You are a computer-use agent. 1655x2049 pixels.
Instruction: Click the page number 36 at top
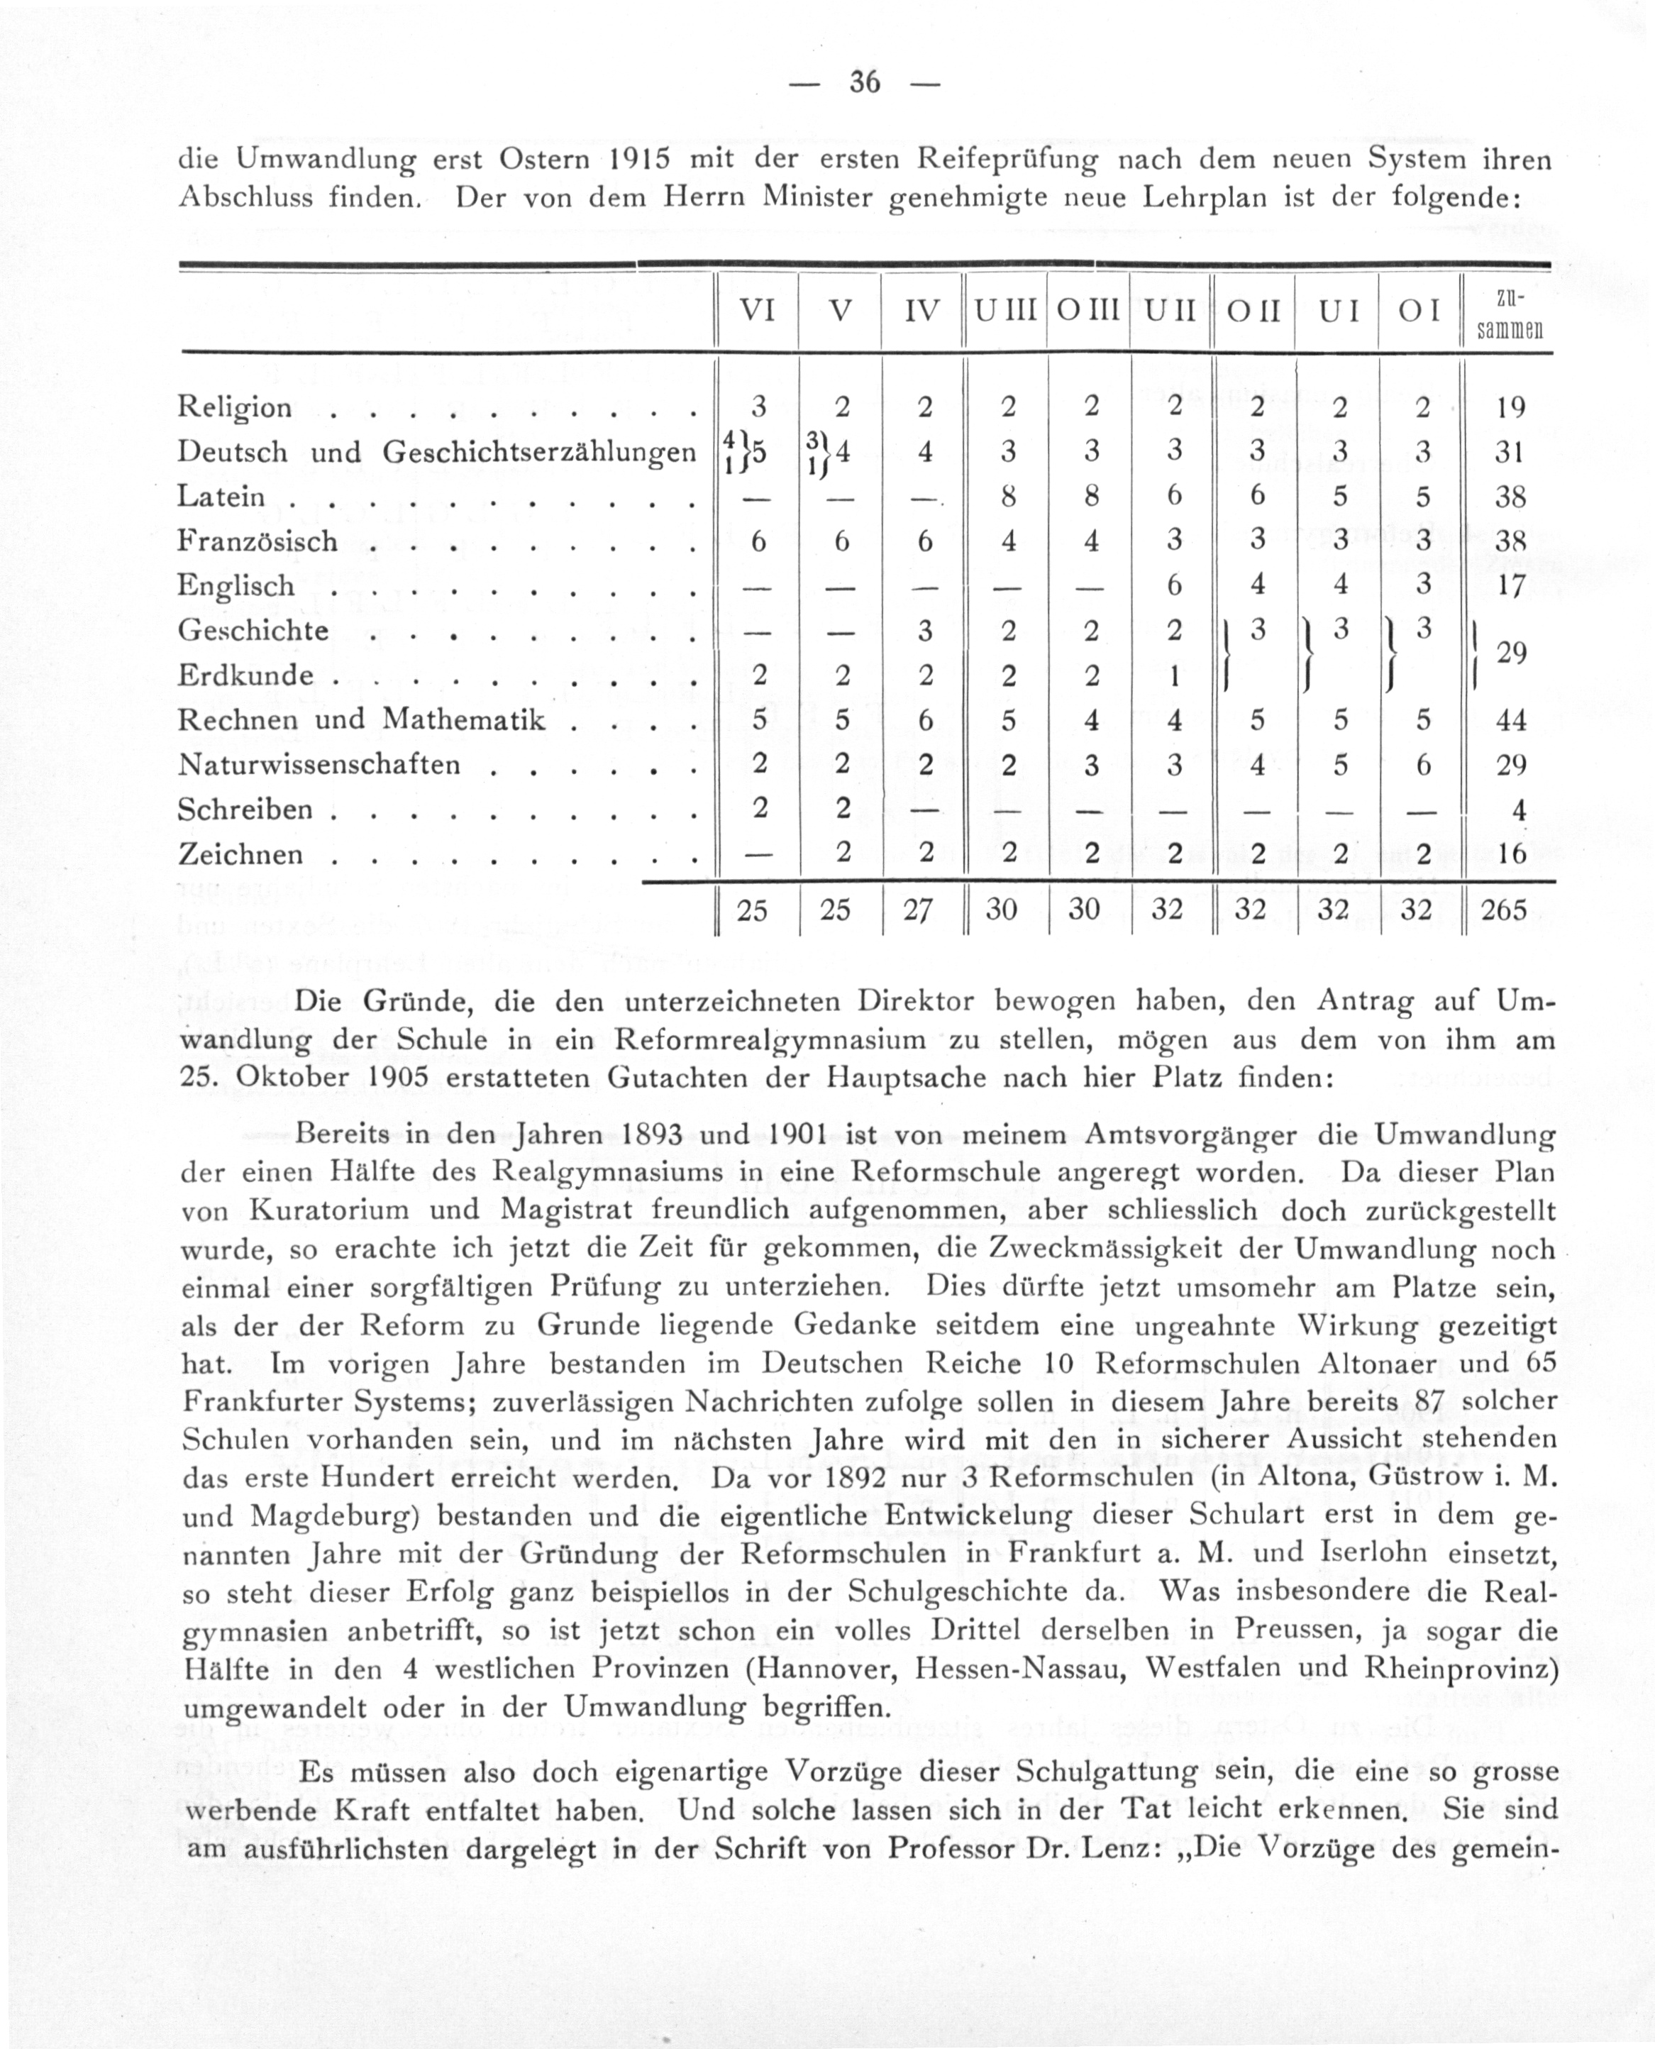coord(865,83)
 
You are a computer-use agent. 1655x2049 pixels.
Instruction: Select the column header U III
coord(1004,311)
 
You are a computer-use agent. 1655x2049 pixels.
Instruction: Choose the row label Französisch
coord(258,541)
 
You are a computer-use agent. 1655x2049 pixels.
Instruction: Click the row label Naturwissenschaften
coord(319,765)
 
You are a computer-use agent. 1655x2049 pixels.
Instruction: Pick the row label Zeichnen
coord(240,854)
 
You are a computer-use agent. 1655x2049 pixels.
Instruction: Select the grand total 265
coord(1505,910)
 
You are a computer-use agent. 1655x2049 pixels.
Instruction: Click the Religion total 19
coord(1511,408)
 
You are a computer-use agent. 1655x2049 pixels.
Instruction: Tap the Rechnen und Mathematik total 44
coord(1511,721)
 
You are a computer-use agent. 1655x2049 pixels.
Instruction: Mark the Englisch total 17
coord(1512,585)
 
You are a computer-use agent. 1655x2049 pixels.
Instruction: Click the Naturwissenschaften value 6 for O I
coord(1422,765)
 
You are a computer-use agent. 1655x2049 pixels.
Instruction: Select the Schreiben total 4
coord(1519,810)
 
